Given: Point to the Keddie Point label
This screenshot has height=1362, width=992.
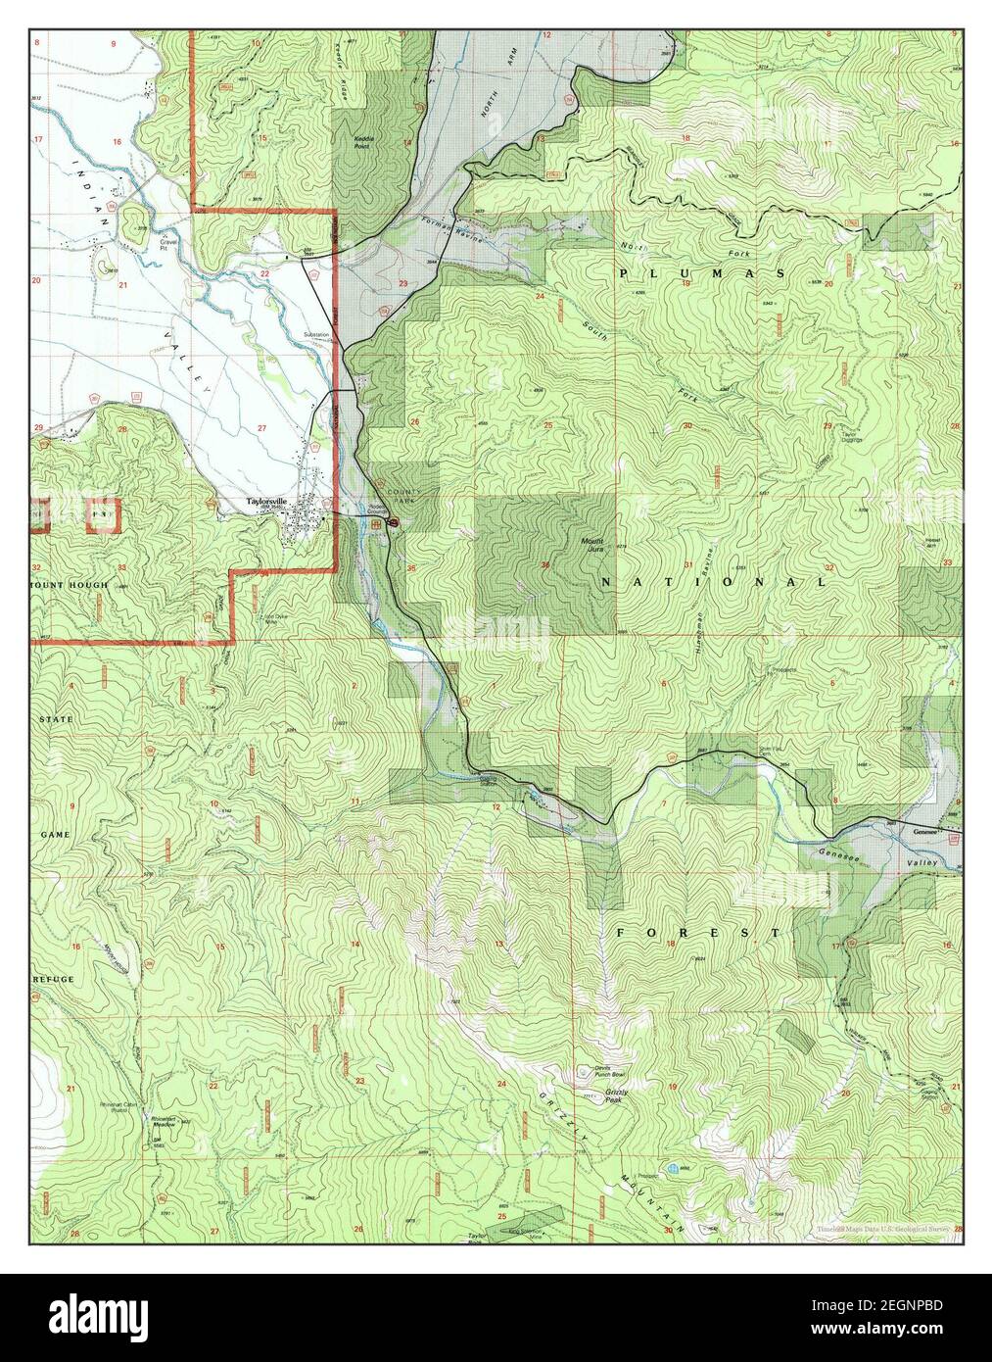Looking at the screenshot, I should pyautogui.click(x=368, y=143).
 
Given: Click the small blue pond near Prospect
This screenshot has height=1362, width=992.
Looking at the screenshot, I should pyautogui.click(x=673, y=1170).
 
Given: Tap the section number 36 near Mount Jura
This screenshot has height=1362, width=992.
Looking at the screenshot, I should pyautogui.click(x=544, y=565).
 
